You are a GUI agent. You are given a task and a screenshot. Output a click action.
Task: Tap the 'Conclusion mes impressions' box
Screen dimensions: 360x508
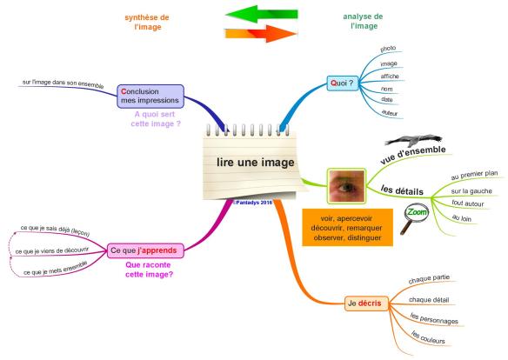point(150,96)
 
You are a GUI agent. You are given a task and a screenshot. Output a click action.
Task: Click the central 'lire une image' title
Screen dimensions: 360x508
point(255,163)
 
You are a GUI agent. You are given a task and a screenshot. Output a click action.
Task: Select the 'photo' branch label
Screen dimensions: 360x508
point(389,49)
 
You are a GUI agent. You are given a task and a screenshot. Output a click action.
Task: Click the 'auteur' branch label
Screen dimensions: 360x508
point(390,114)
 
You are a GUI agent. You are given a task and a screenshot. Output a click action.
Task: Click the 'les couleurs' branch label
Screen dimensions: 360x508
point(427,337)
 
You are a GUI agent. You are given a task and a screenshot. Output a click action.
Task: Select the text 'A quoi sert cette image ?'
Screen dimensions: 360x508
point(157,119)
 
